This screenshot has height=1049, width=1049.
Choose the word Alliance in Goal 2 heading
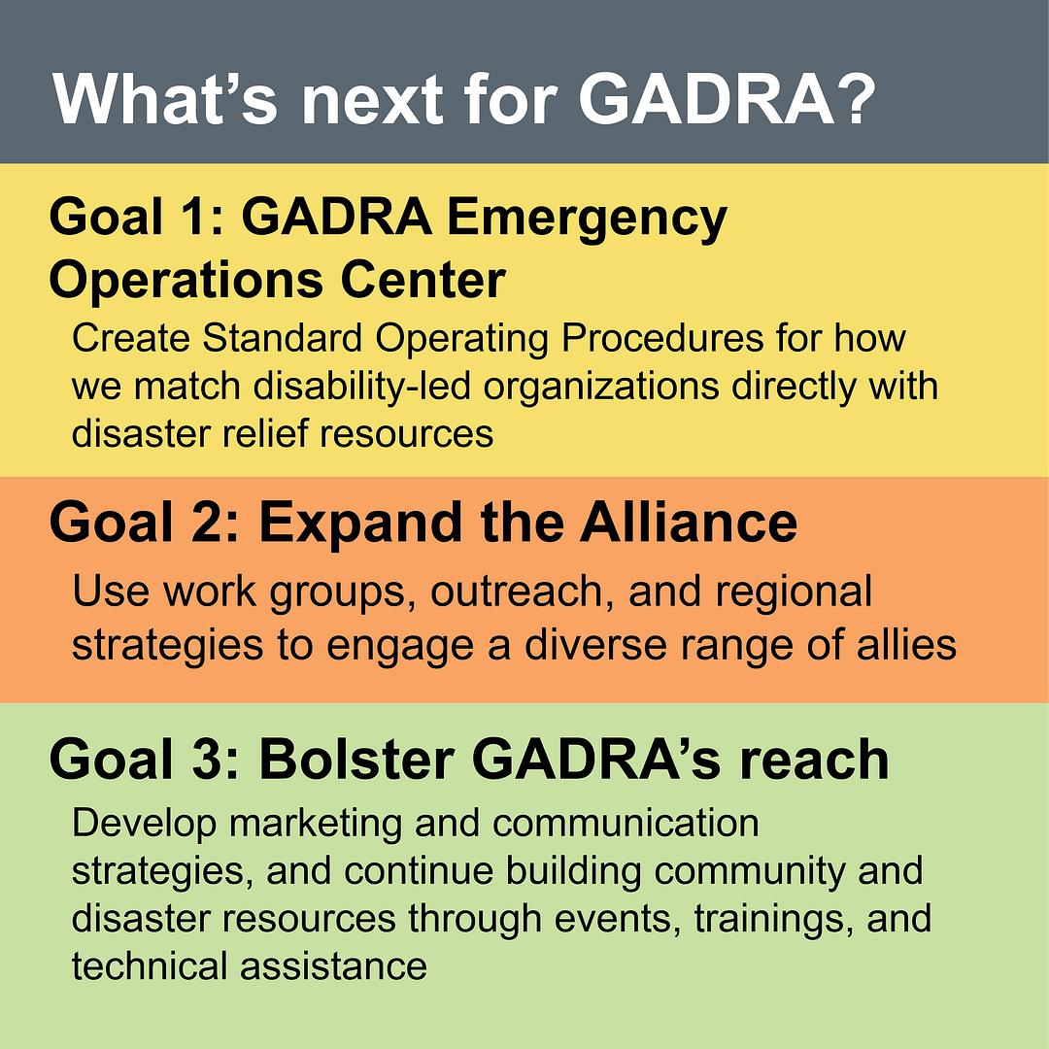(689, 523)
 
